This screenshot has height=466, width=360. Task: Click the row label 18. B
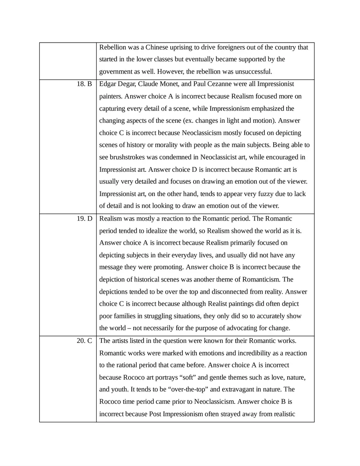point(84,84)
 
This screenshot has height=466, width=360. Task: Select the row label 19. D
point(84,219)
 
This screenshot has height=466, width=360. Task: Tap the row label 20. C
point(84,341)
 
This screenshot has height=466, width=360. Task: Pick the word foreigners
point(242,47)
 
